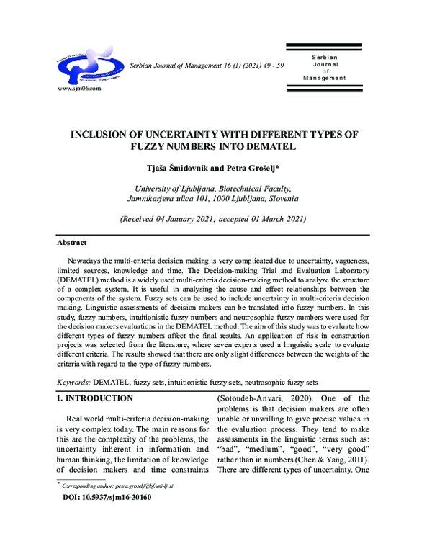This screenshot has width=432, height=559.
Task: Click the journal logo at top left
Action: point(89,66)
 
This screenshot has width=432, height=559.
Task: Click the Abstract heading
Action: point(71,243)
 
